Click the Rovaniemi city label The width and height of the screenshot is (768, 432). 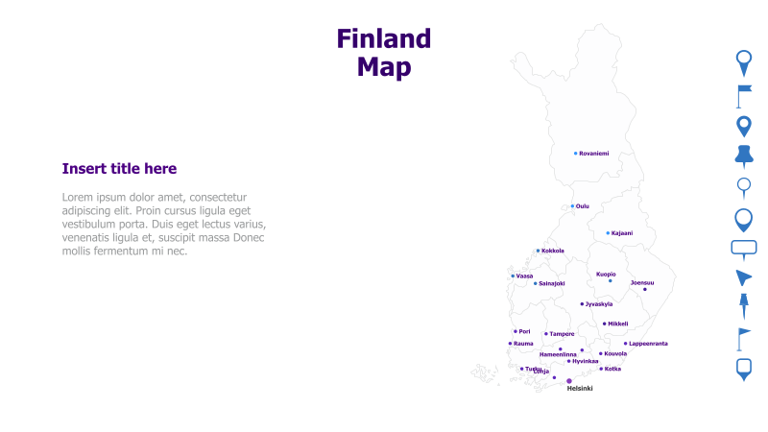594,154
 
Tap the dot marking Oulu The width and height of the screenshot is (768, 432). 572,205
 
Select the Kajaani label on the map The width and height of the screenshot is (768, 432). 622,233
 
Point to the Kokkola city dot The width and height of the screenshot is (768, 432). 538,251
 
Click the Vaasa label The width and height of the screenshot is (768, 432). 524,276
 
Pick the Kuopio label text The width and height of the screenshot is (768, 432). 606,274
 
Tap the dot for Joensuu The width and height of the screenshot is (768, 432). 644,289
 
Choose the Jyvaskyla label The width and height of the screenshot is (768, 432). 599,304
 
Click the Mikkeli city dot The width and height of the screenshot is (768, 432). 604,324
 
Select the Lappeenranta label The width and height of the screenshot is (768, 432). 648,344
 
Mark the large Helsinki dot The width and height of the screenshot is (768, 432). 568,380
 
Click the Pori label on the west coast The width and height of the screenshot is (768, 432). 524,332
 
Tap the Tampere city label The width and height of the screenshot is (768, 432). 562,334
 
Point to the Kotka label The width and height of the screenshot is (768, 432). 612,369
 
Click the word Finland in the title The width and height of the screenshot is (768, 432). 383,39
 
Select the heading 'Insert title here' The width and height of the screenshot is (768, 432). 119,169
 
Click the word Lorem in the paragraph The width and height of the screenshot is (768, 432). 79,197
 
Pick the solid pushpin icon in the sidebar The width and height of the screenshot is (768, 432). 743,156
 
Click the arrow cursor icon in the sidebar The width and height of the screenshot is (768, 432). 743,278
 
